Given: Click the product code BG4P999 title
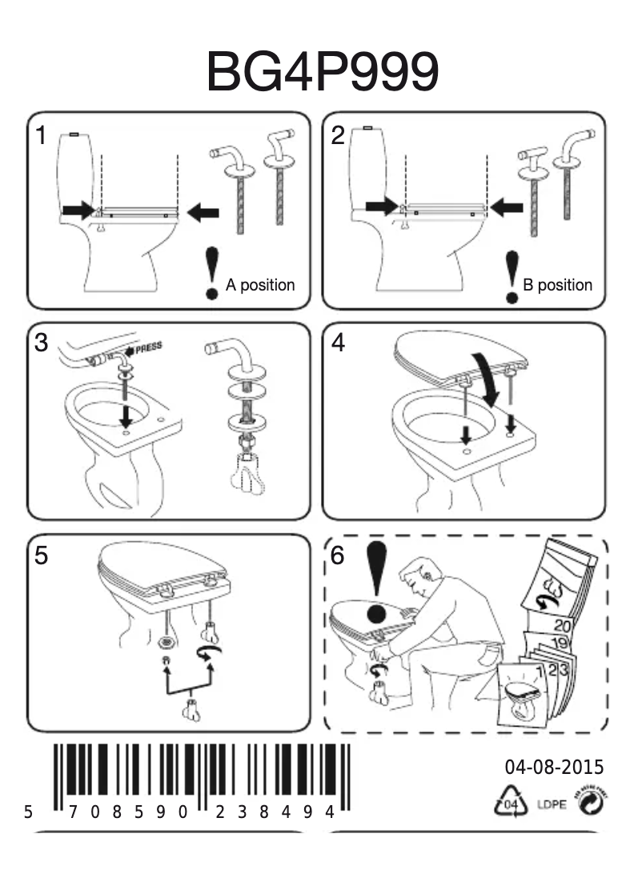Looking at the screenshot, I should pos(322,71).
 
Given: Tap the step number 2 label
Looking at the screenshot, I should pos(338,136).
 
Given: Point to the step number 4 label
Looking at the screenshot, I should pos(339,343).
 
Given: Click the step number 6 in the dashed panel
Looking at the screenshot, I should pos(339,555).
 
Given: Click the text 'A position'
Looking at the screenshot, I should pos(260,285).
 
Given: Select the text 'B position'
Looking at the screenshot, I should pos(557,285).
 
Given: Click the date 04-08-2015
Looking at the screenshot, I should pos(554,768).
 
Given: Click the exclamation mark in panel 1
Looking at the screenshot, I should pos(212,272).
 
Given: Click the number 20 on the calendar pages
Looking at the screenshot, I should pos(562,627).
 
